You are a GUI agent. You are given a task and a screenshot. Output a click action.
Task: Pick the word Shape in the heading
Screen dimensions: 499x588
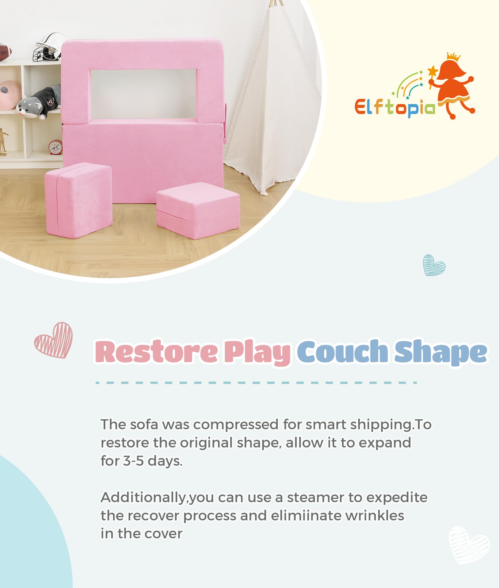(x=441, y=352)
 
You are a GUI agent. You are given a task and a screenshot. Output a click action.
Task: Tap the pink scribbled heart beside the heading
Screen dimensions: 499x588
(x=53, y=340)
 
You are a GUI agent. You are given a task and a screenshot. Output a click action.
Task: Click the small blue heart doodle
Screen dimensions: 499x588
(x=434, y=265)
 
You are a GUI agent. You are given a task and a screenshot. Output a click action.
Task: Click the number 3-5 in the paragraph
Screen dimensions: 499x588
(x=133, y=461)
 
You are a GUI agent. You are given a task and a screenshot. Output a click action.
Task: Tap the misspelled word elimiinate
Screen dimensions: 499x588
(x=306, y=516)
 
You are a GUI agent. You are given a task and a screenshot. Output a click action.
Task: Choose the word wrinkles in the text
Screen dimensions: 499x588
(x=375, y=516)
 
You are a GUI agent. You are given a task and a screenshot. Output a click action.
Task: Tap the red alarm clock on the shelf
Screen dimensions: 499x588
(x=56, y=147)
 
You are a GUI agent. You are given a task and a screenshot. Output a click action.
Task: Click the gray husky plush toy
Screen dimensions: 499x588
(x=38, y=101)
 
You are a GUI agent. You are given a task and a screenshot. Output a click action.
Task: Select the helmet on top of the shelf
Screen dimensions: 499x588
(x=48, y=47)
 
